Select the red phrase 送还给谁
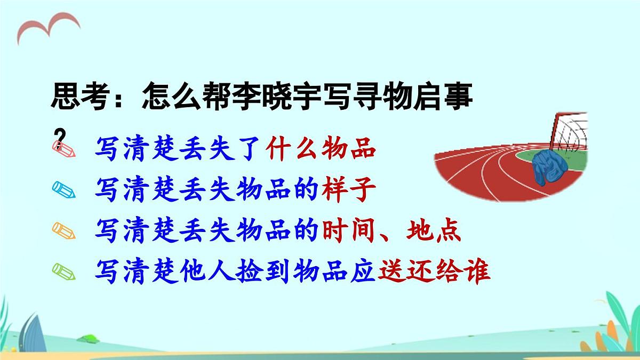click(x=433, y=273)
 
